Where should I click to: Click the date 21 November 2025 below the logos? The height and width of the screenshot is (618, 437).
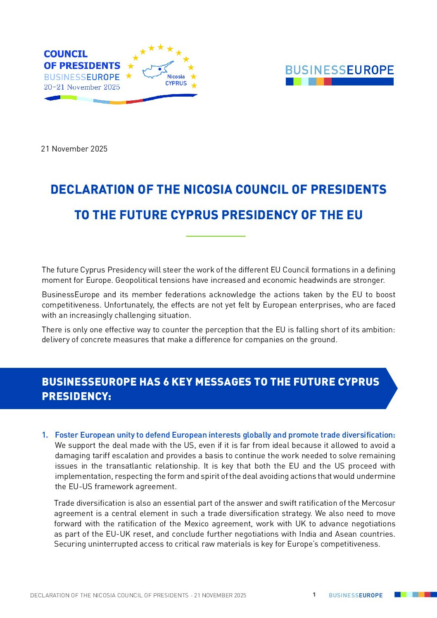point(74,149)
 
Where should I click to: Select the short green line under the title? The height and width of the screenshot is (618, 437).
point(216,236)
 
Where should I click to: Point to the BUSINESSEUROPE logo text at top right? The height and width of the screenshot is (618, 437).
point(340,70)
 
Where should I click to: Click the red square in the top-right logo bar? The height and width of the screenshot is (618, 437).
point(328,82)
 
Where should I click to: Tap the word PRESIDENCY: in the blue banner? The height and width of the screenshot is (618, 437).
point(76,396)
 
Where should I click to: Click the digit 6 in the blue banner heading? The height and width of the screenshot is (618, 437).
point(166,382)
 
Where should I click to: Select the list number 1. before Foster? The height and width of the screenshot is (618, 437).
point(45,435)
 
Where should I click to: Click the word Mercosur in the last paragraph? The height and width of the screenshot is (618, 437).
point(378,503)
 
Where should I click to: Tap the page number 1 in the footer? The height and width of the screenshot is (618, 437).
point(314,595)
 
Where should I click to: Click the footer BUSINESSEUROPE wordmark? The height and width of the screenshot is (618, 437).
point(356,595)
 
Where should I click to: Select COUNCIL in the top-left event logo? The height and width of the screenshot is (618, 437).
point(66,54)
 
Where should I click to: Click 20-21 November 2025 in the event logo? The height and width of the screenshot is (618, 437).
point(82,87)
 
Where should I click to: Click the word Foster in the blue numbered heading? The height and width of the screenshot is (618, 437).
point(66,435)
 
